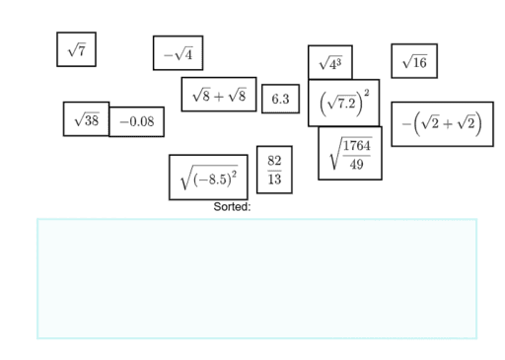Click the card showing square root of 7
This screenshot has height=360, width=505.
pyautogui.click(x=76, y=49)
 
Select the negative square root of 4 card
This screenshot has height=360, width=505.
pyautogui.click(x=178, y=53)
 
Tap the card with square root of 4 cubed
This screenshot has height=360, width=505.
pyautogui.click(x=329, y=63)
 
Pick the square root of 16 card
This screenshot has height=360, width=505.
pyautogui.click(x=414, y=61)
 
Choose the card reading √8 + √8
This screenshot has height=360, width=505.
pyautogui.click(x=218, y=95)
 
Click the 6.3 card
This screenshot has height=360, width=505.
pyautogui.click(x=280, y=99)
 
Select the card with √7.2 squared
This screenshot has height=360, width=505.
pyautogui.click(x=343, y=103)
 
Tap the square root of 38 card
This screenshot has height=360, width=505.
pyautogui.click(x=86, y=118)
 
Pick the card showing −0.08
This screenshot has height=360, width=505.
pyautogui.click(x=136, y=122)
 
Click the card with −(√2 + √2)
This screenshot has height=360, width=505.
pyautogui.click(x=442, y=123)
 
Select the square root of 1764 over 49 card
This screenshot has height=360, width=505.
pyautogui.click(x=349, y=153)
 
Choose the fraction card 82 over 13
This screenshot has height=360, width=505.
pyautogui.click(x=274, y=170)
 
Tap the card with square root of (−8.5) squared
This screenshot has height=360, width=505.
pyautogui.click(x=208, y=177)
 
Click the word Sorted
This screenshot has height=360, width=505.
pyautogui.click(x=232, y=207)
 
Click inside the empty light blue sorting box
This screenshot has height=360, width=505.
pyautogui.click(x=256, y=278)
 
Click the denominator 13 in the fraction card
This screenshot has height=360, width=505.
pyautogui.click(x=274, y=180)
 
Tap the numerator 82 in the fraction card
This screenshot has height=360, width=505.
pyautogui.click(x=274, y=160)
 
